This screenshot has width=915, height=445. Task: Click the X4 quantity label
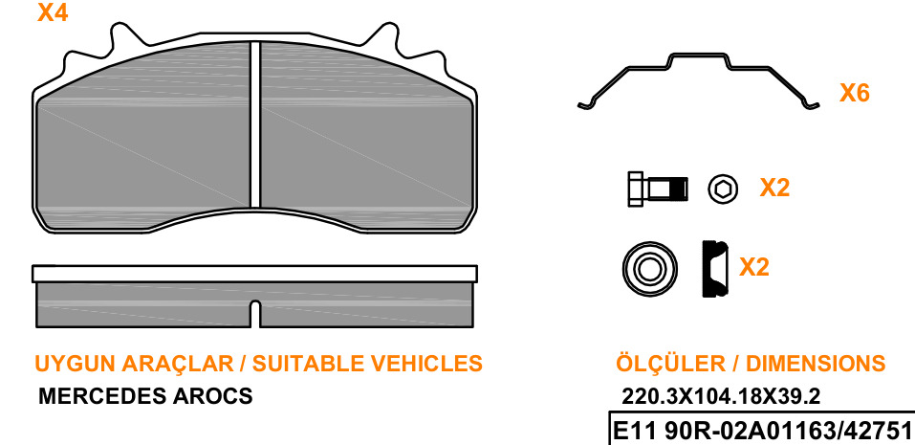tap(53, 12)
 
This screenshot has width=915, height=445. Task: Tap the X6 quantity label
tap(855, 93)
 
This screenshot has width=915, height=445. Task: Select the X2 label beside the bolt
tap(774, 188)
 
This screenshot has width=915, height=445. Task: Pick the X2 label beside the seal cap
tap(754, 267)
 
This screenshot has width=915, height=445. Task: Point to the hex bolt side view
tap(658, 189)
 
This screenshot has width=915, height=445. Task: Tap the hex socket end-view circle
tap(723, 189)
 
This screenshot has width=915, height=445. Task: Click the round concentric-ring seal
tap(650, 270)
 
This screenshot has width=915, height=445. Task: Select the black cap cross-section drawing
tap(715, 269)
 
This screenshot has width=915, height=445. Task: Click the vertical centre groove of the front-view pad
tap(254, 124)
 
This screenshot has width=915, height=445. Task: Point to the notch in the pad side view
tap(254, 313)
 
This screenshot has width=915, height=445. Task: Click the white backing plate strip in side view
tap(254, 274)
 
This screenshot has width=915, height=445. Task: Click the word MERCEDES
tap(102, 396)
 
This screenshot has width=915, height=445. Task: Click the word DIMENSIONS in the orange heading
tap(816, 364)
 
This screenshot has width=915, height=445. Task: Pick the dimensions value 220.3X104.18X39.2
tap(721, 396)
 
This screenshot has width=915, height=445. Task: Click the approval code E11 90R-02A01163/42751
tap(761, 432)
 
